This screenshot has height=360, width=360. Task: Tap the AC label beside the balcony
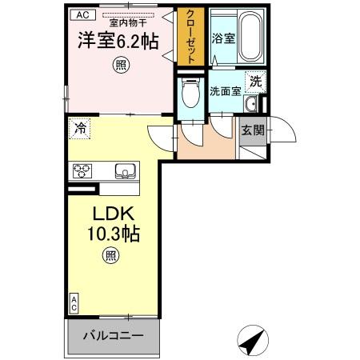tap(74, 302)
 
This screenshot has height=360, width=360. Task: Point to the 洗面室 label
tap(226, 91)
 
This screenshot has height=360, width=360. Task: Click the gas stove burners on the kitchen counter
tap(84, 170)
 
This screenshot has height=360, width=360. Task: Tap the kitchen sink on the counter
tap(125, 170)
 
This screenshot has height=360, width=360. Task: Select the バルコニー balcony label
tap(114, 334)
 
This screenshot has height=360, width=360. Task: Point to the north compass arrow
tap(255, 339)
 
